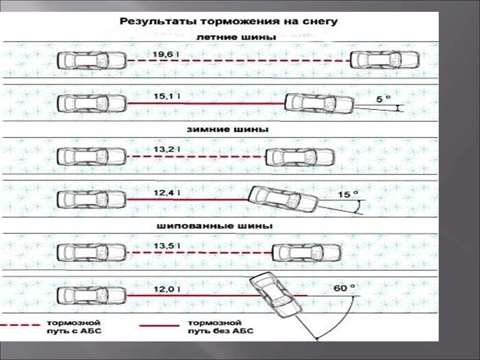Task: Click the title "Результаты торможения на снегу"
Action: [228, 21]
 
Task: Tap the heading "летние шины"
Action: [236, 37]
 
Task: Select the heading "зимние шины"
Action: [227, 129]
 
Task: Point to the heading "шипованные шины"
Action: [215, 226]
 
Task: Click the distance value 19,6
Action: [164, 54]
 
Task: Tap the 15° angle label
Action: [348, 194]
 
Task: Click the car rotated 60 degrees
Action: [275, 295]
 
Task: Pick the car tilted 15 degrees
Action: [284, 199]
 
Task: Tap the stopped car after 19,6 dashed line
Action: [385, 60]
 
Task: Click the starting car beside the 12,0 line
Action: [92, 296]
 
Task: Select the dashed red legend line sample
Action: [20, 325]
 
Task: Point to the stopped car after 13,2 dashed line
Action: [300, 157]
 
